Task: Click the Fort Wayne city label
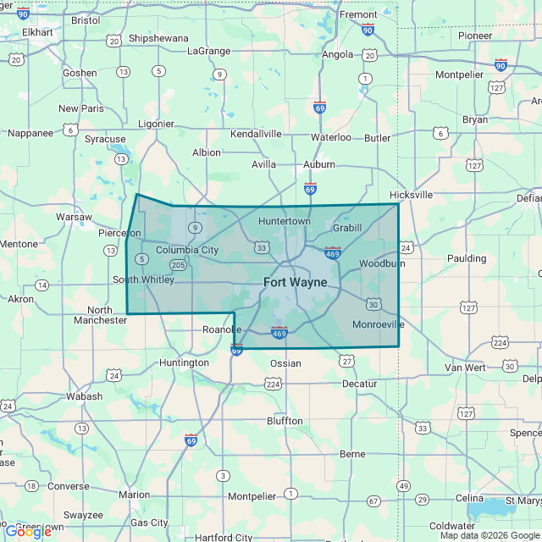tap(296, 282)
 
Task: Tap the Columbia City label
tap(187, 250)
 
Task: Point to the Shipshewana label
tap(159, 38)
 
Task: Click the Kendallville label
tap(256, 134)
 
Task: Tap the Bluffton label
tap(285, 421)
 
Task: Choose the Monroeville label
tap(378, 324)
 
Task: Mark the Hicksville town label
tap(412, 194)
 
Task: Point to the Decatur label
tap(359, 384)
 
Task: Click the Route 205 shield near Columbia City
tap(178, 265)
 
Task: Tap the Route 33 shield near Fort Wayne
tap(262, 248)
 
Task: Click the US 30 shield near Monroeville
tap(373, 304)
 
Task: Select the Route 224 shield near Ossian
tap(273, 384)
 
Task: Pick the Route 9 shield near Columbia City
tap(196, 227)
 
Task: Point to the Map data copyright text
tap(489, 535)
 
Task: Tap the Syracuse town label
tap(105, 139)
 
